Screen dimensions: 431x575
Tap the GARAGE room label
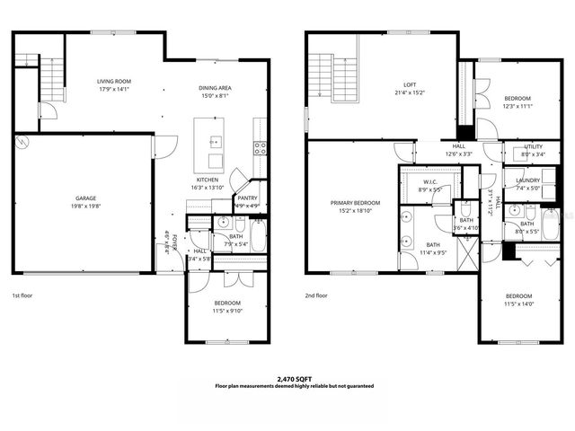[85, 198]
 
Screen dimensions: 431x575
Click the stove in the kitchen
[260, 148]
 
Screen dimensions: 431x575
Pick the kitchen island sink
[215, 142]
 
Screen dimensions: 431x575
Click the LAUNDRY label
[527, 181]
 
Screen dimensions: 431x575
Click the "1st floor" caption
[23, 295]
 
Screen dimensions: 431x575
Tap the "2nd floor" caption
[316, 295]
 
